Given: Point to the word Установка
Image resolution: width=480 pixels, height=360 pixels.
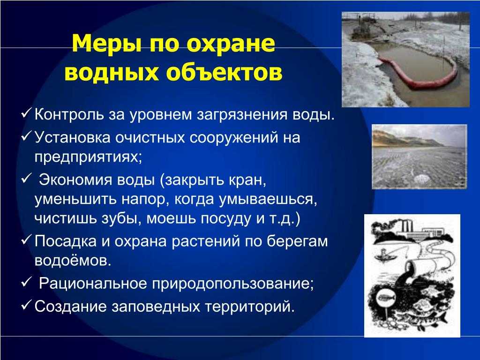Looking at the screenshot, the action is point(72,137).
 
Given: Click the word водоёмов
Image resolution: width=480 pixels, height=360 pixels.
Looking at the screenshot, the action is point(73,261).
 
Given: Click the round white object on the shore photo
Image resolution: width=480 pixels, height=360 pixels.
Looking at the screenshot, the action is point(421,179).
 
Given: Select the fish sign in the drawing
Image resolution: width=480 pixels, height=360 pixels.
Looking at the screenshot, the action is point(385,297).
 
